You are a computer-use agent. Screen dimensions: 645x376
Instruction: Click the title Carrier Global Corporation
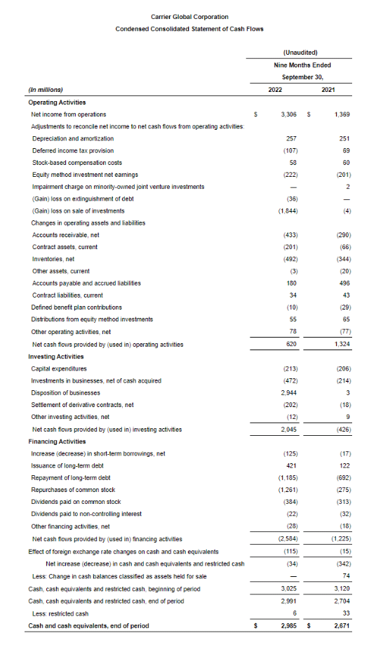(189, 17)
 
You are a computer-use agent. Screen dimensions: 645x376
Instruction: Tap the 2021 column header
(328, 89)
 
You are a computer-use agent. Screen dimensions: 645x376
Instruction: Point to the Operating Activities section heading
(57, 102)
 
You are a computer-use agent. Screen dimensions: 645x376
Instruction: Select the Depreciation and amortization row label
(73, 138)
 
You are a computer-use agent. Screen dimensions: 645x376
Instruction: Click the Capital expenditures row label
(60, 368)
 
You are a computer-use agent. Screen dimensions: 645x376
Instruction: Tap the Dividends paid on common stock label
(76, 502)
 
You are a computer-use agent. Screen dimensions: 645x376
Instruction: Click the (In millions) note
(45, 89)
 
